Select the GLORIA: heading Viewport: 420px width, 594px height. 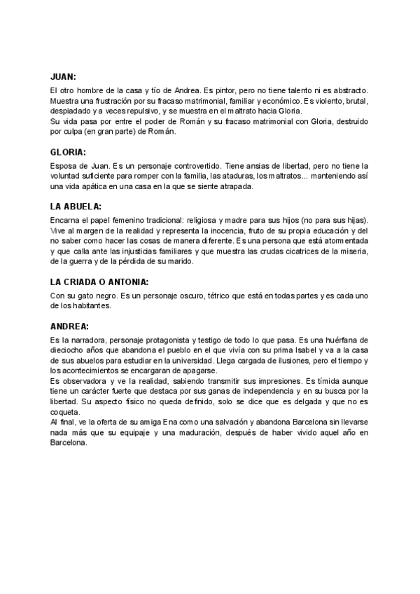tap(69, 151)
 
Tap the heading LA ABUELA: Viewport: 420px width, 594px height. tap(76, 207)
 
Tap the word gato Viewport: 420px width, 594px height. tap(83, 296)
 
